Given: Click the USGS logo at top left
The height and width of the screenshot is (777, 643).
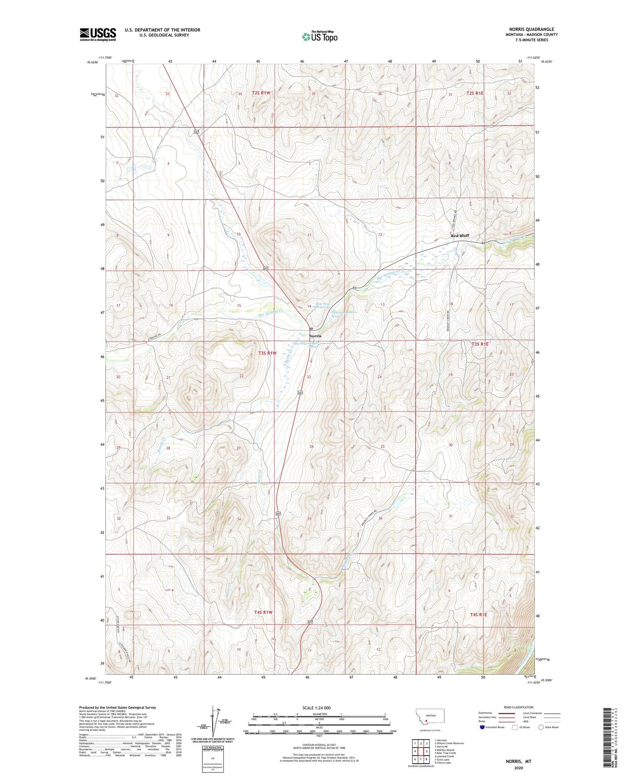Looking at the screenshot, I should point(97,34).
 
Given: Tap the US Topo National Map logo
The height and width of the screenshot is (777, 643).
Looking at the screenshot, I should point(319,36).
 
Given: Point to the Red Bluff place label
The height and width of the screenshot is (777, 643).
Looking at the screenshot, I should point(460,235).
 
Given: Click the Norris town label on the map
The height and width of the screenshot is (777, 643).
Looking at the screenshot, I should point(315,336).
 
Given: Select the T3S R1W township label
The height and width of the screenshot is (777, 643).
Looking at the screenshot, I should point(267,353).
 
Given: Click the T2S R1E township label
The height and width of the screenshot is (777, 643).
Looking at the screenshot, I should point(475,93).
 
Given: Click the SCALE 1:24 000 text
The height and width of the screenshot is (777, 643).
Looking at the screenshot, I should point(316,708).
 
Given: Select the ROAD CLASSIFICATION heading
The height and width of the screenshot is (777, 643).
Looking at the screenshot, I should point(518,707).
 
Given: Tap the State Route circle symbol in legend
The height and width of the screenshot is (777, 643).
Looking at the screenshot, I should point(541,727).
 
